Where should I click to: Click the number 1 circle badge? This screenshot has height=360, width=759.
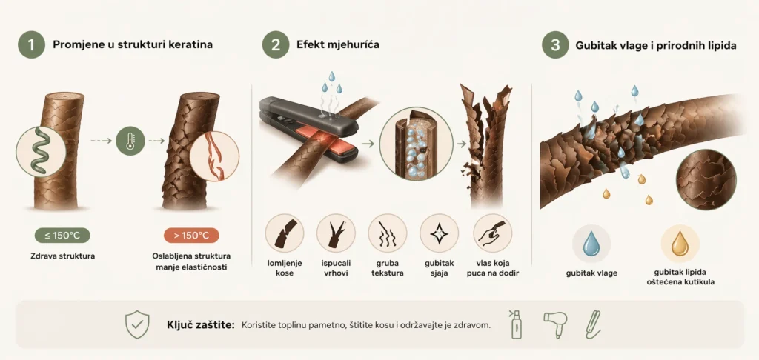pos(31,44)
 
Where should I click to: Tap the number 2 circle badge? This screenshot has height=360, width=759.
pos(276,44)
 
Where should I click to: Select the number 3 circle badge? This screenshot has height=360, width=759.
pos(555,44)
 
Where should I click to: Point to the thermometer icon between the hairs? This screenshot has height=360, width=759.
pos(130,141)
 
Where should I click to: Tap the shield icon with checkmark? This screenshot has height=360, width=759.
pos(137,324)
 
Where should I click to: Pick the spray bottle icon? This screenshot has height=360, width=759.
pos(517,324)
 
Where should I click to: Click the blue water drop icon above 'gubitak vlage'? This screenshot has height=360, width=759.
pos(591,243)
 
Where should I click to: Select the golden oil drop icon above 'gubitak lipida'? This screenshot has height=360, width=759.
pos(680,243)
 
